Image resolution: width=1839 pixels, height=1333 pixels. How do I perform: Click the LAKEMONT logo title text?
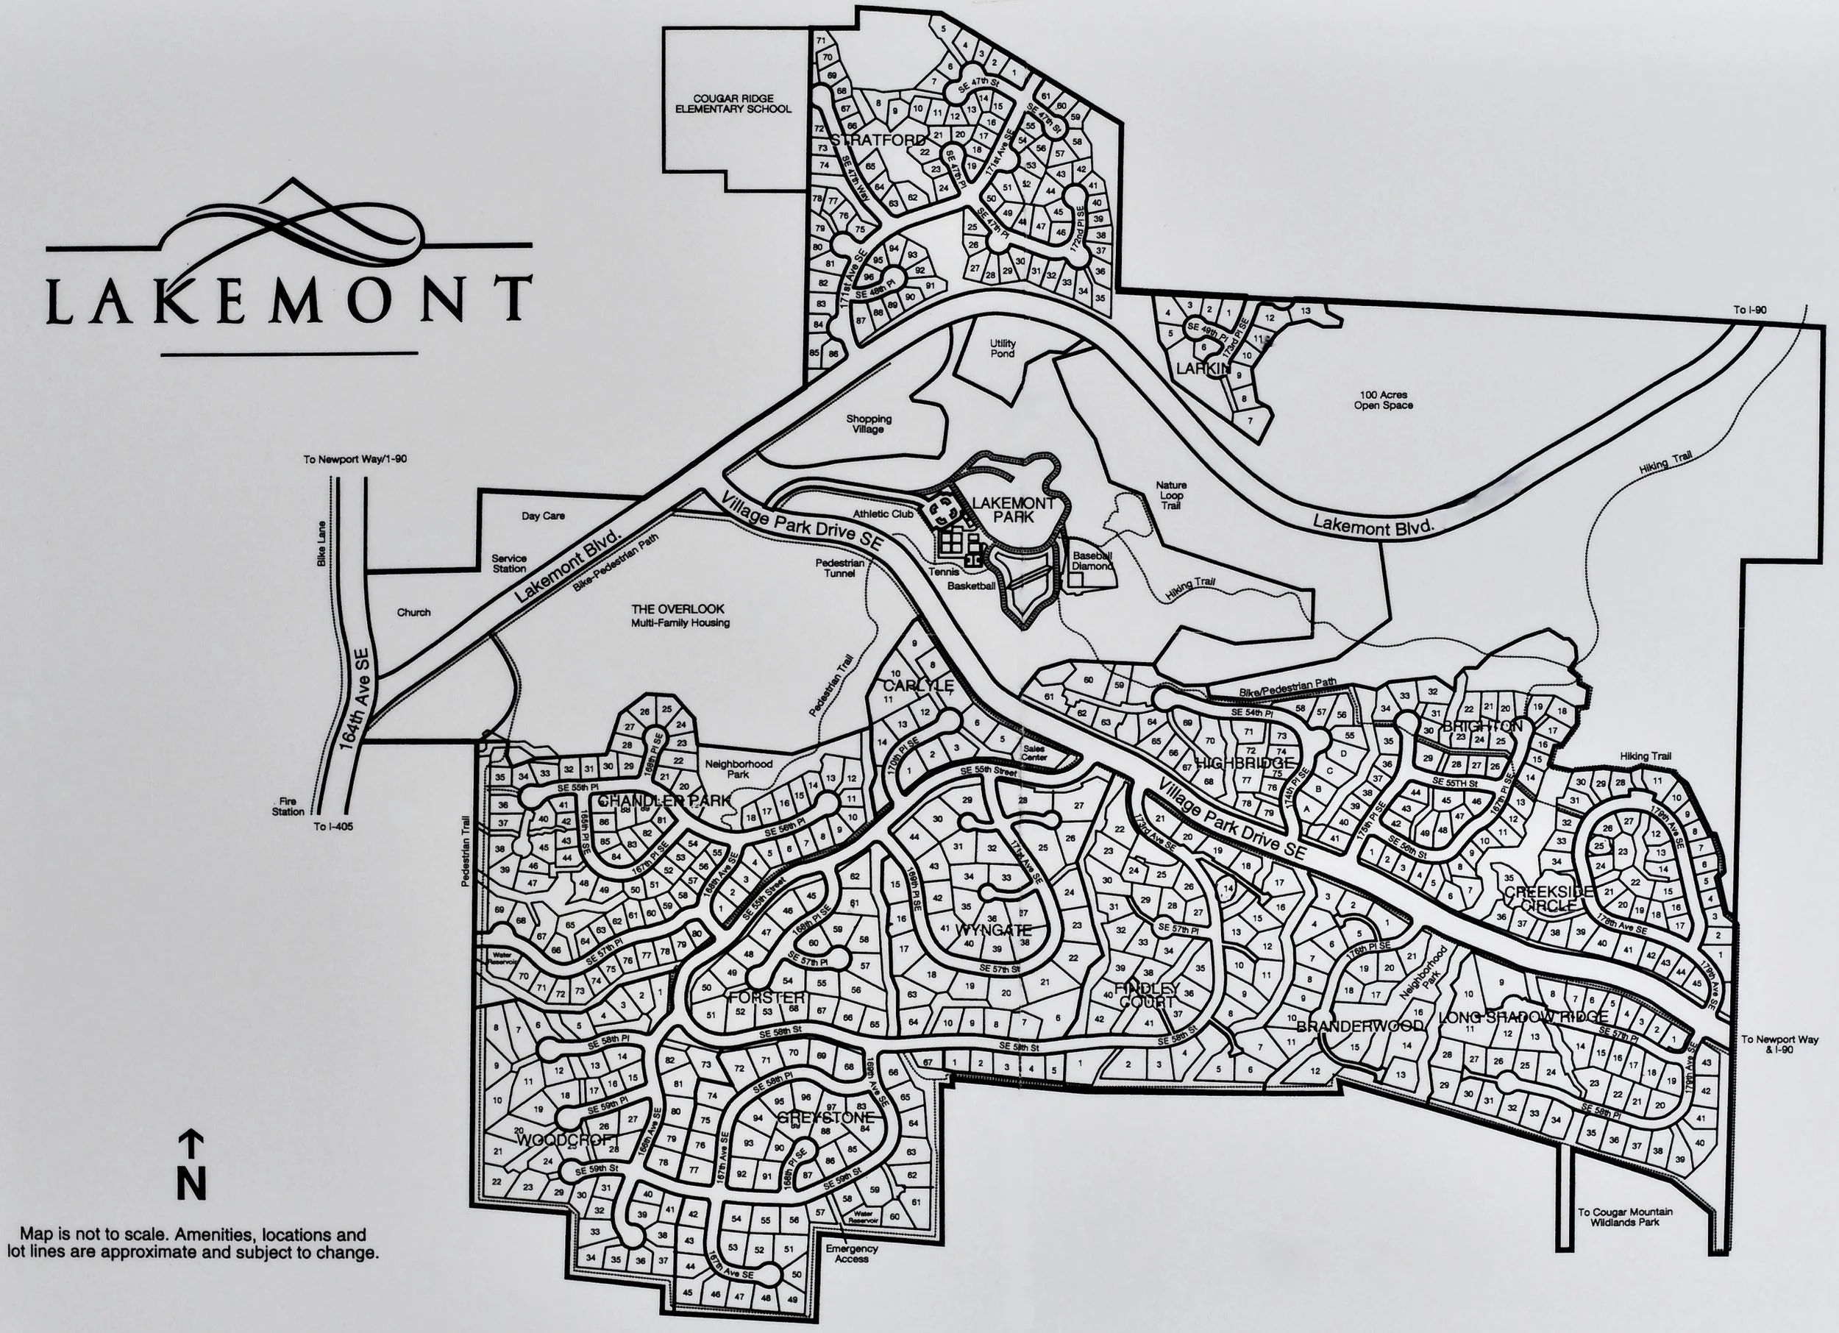coord(288,301)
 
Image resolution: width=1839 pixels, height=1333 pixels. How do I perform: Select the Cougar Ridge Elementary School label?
coord(731,103)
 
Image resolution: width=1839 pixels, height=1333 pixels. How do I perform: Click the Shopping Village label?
coord(869,423)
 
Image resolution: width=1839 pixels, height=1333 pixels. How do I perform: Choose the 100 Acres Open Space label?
coord(1382,399)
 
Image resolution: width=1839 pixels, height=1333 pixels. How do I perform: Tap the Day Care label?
coord(542,516)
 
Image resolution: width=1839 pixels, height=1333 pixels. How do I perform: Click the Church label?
coord(413,612)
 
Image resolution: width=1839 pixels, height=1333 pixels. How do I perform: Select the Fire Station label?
coord(288,806)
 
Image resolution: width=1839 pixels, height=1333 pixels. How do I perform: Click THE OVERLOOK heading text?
coord(678,608)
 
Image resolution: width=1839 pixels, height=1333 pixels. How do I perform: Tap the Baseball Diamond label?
coord(1092,561)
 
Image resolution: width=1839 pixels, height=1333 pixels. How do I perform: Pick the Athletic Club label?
coord(883,514)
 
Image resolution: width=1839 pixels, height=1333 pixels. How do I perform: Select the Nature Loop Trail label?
coord(1171,495)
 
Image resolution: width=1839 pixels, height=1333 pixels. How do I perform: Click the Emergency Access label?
coord(851,1254)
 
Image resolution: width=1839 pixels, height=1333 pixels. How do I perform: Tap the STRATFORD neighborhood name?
coord(866,141)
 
